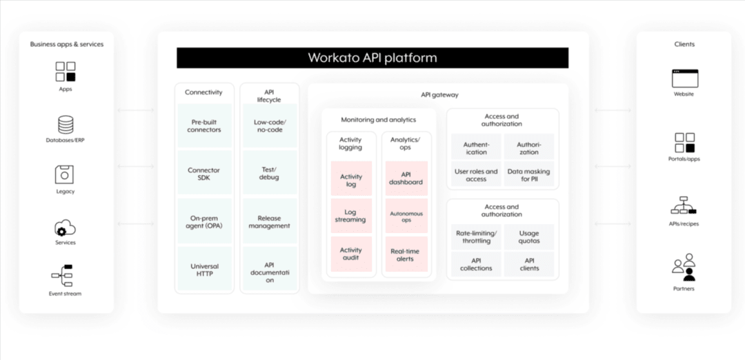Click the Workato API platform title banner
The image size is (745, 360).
click(x=372, y=58)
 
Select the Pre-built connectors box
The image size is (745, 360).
click(x=204, y=126)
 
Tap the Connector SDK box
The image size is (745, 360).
click(x=204, y=174)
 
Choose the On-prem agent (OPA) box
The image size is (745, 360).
click(x=204, y=221)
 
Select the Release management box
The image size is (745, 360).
click(x=270, y=221)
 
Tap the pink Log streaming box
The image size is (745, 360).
click(x=351, y=215)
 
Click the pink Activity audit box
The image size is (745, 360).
click(x=351, y=254)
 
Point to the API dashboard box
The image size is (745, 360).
click(x=406, y=178)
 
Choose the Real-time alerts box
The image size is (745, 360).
click(x=406, y=254)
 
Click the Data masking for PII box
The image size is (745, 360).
click(x=529, y=175)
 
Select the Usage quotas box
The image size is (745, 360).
click(x=529, y=237)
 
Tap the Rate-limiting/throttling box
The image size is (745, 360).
click(x=476, y=237)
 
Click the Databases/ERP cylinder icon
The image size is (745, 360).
click(x=66, y=125)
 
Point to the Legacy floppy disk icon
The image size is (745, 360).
click(x=65, y=174)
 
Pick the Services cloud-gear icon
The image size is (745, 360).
click(x=65, y=227)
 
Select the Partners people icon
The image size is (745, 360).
click(x=684, y=267)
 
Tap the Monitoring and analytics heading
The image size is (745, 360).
click(x=379, y=119)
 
